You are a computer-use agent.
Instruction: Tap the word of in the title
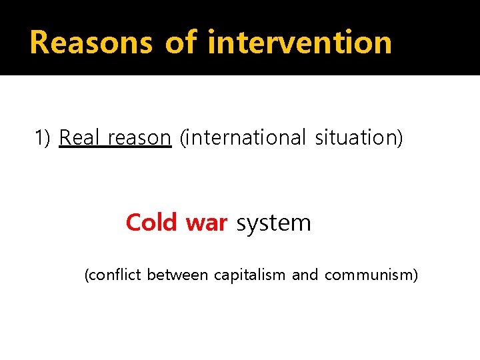pos(181,42)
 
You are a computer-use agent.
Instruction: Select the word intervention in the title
pos(299,42)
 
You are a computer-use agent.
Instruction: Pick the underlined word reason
pos(139,138)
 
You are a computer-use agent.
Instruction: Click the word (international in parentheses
pos(242,137)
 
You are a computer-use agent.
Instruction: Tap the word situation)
pos(359,137)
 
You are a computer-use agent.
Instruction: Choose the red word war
pos(207,223)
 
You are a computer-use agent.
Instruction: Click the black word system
pos(273,223)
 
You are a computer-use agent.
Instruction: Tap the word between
pos(177,274)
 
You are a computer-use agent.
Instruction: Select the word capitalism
pos(249,275)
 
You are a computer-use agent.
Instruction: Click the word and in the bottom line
pos(305,274)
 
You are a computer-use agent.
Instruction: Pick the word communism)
pos(371,275)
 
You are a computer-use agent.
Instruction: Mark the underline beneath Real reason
pos(115,148)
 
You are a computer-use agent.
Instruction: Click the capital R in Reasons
pos(39,42)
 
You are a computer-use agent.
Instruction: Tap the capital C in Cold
pos(133,222)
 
